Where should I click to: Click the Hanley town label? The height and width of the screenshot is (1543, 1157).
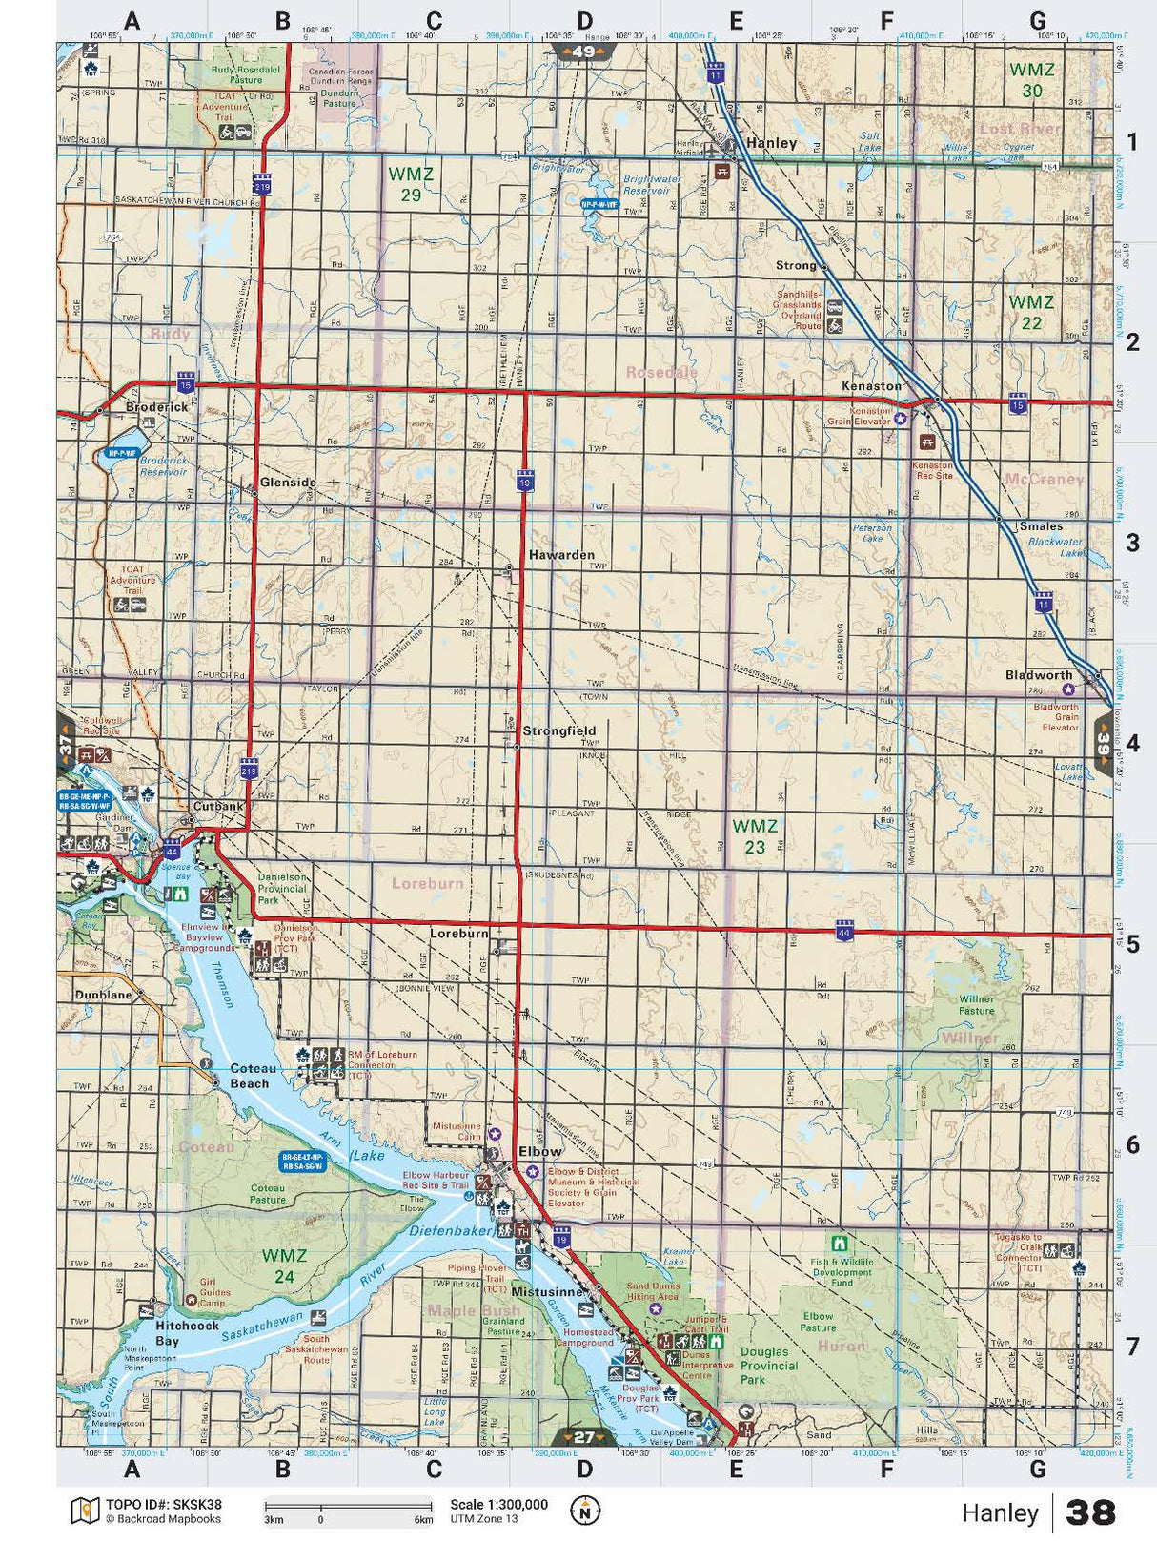(771, 143)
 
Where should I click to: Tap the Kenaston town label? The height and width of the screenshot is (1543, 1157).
(870, 386)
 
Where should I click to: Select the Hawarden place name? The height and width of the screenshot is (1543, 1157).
(561, 554)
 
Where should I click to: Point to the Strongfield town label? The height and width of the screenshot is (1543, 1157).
(558, 730)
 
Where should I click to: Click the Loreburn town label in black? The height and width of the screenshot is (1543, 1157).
(458, 934)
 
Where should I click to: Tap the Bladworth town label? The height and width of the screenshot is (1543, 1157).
(1039, 675)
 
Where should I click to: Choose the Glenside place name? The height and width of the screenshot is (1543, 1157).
(288, 483)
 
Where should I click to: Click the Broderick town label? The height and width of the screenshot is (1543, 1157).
(157, 407)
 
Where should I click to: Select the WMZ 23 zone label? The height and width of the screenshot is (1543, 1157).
(755, 836)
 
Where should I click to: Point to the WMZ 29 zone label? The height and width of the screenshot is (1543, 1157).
(411, 184)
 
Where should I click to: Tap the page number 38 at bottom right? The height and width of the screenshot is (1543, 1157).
(1090, 1512)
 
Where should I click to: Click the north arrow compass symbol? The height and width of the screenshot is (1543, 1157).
(585, 1511)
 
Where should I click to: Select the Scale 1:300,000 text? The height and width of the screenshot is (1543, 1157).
(498, 1504)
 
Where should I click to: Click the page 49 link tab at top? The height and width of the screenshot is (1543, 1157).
(583, 52)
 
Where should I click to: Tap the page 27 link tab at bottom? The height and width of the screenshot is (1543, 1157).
(583, 1436)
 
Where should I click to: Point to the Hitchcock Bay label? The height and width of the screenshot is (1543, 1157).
(187, 1332)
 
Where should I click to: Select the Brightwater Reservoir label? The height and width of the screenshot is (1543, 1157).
(652, 184)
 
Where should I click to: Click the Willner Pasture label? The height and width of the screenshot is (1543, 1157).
(976, 1004)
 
